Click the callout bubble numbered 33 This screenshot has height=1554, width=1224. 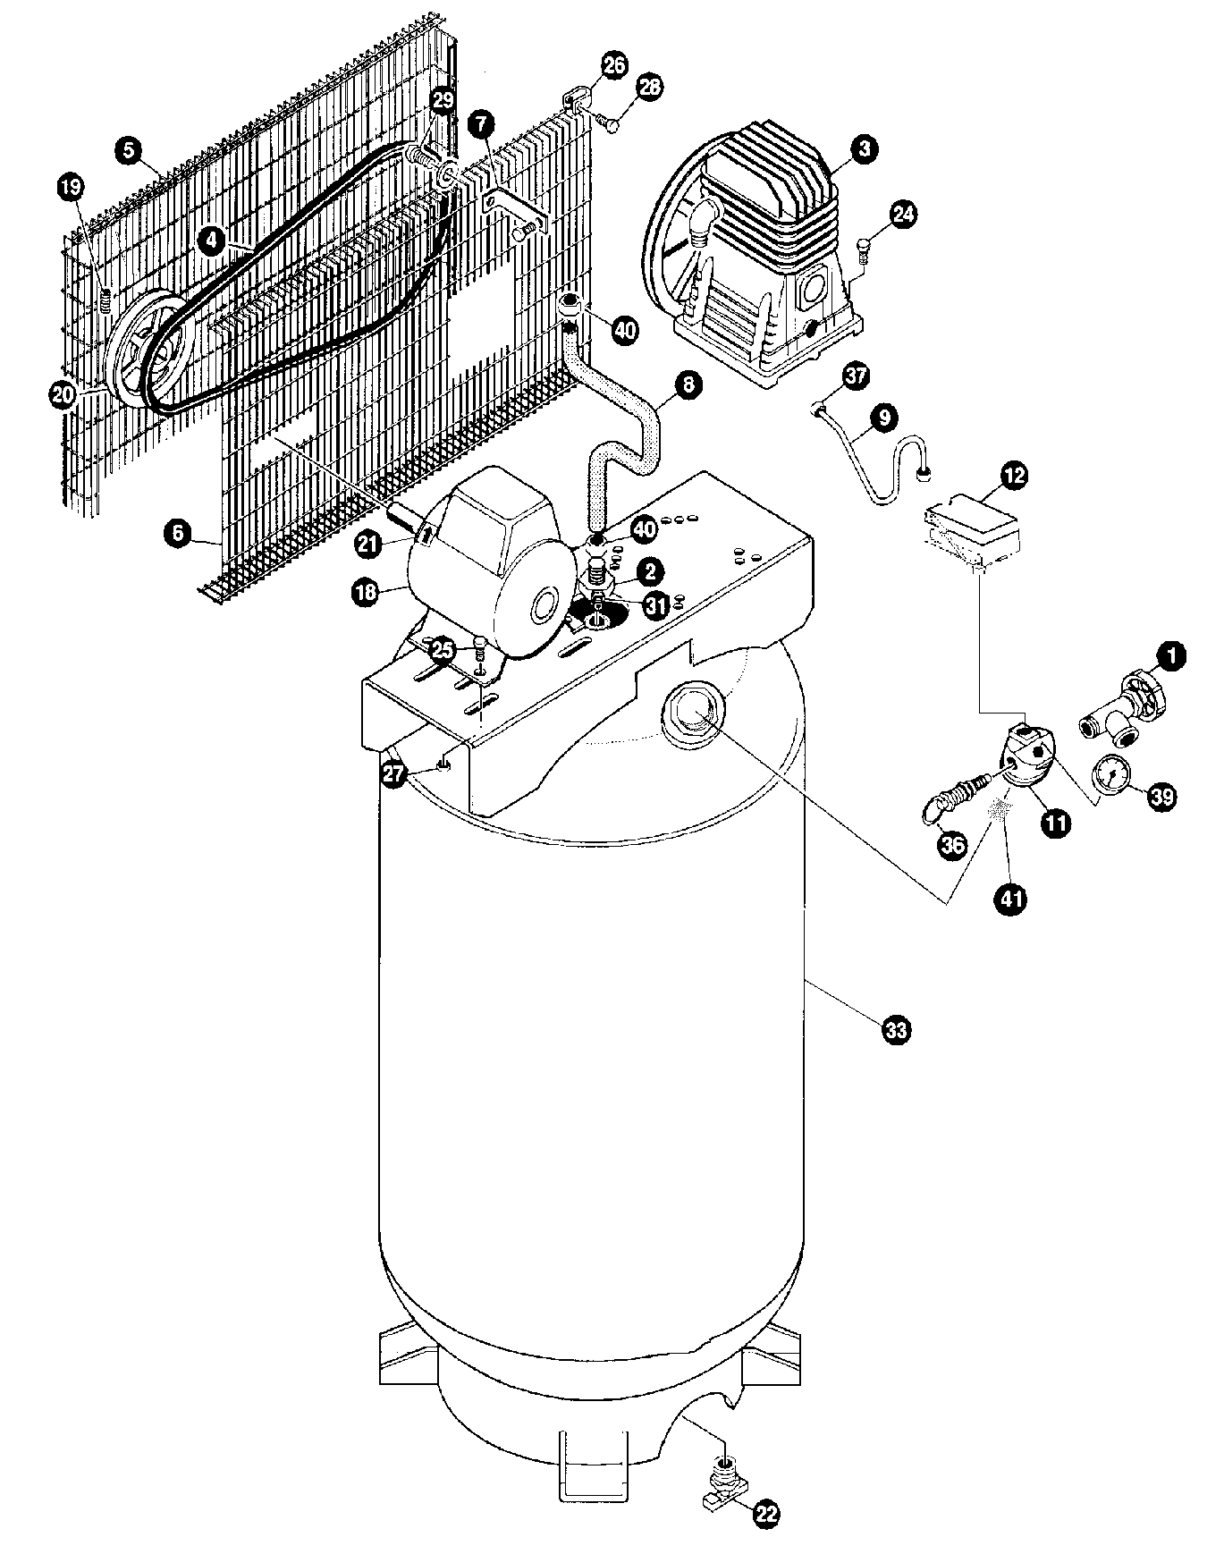pyautogui.click(x=895, y=1030)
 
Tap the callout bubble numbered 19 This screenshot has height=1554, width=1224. pyautogui.click(x=72, y=187)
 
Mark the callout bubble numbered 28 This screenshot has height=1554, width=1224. pyautogui.click(x=650, y=88)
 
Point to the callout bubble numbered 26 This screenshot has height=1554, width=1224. pyautogui.click(x=613, y=64)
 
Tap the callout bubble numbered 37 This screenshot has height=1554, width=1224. pyautogui.click(x=856, y=376)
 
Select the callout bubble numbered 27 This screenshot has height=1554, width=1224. pyautogui.click(x=396, y=774)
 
